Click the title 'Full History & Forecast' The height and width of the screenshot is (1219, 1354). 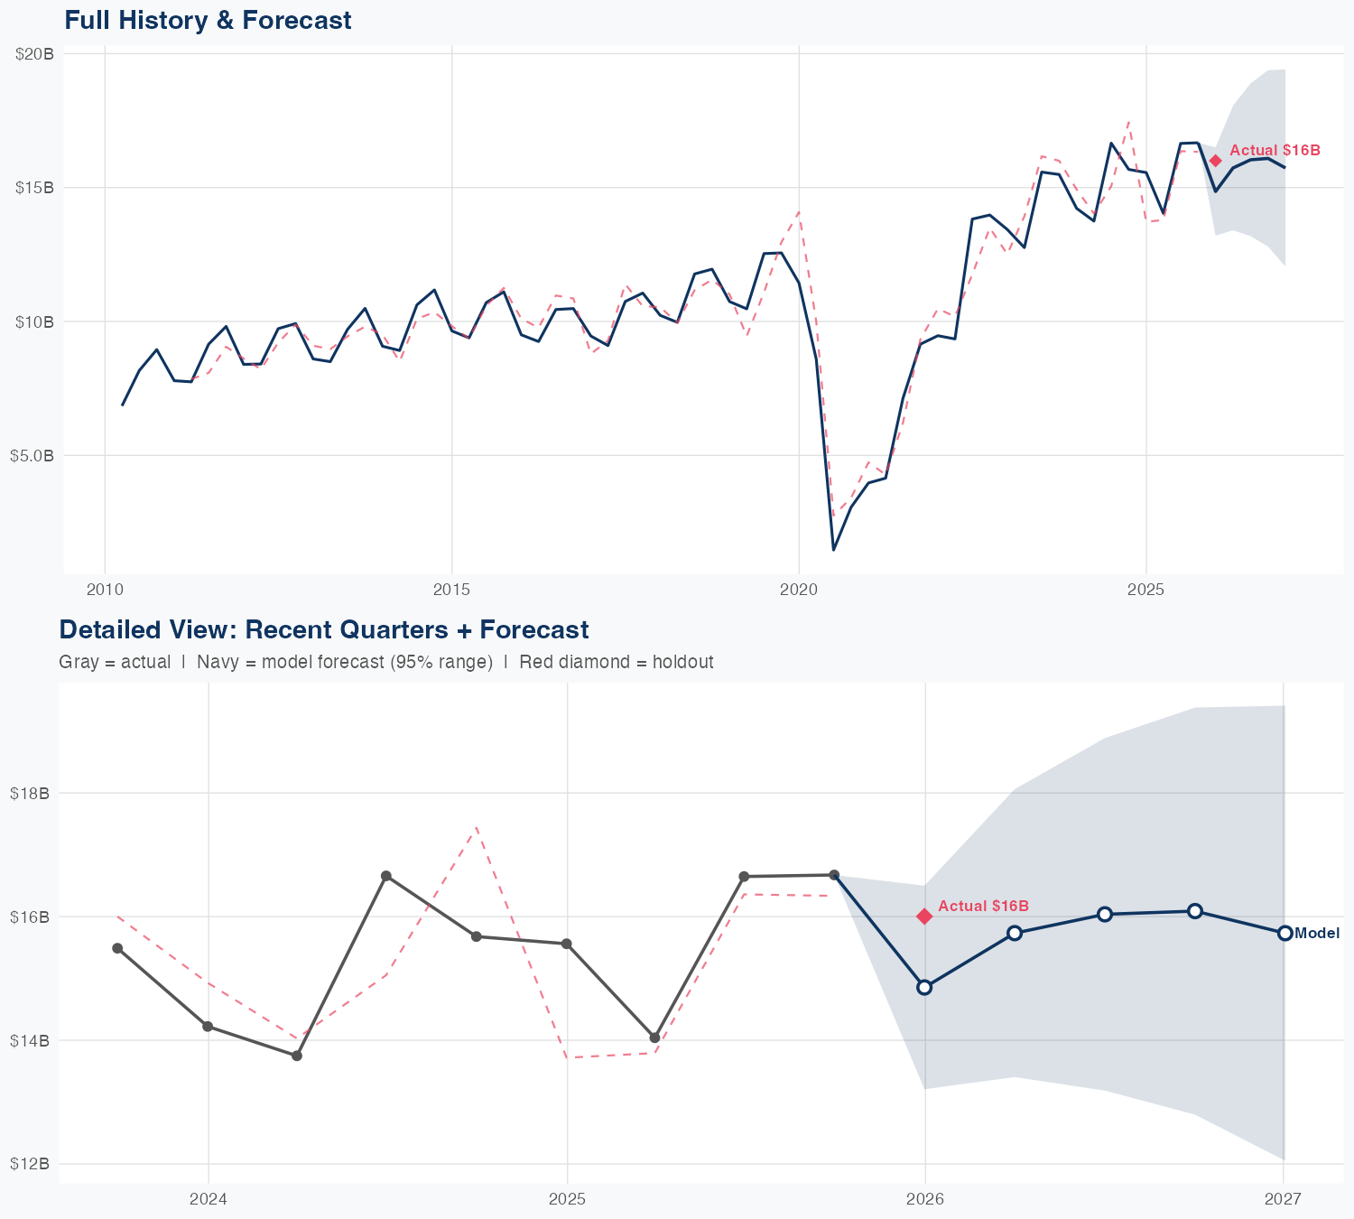coord(208,20)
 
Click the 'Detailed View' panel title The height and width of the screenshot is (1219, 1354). coord(323,629)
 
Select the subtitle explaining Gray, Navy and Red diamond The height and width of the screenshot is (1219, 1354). coord(385,662)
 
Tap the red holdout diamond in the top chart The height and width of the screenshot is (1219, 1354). coord(1216,161)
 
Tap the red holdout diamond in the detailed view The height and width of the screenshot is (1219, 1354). coord(924,917)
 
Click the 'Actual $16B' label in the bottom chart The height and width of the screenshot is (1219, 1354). coord(983,906)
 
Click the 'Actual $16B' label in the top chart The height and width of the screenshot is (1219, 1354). coord(1275,150)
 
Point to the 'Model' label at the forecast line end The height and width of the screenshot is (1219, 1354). coord(1317,934)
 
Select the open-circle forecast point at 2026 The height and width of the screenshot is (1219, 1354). coord(924,987)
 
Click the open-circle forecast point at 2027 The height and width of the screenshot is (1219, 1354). coord(1284,933)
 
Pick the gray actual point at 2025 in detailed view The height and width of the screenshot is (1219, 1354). coord(566,944)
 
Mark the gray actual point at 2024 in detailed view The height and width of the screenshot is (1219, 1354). coord(208,1027)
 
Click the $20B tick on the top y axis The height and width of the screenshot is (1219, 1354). coord(35,54)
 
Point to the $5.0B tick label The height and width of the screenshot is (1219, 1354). coord(32,456)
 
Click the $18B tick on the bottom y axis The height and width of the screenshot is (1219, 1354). coord(30,794)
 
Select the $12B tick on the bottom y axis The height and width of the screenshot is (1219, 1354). coord(30,1164)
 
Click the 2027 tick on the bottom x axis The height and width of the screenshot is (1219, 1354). coord(1283,1199)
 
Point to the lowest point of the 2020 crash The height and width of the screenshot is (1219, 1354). coord(833,549)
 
